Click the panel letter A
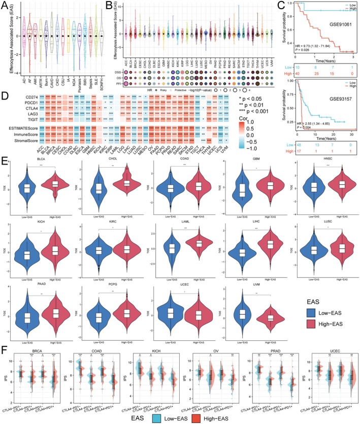tap(4, 4)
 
